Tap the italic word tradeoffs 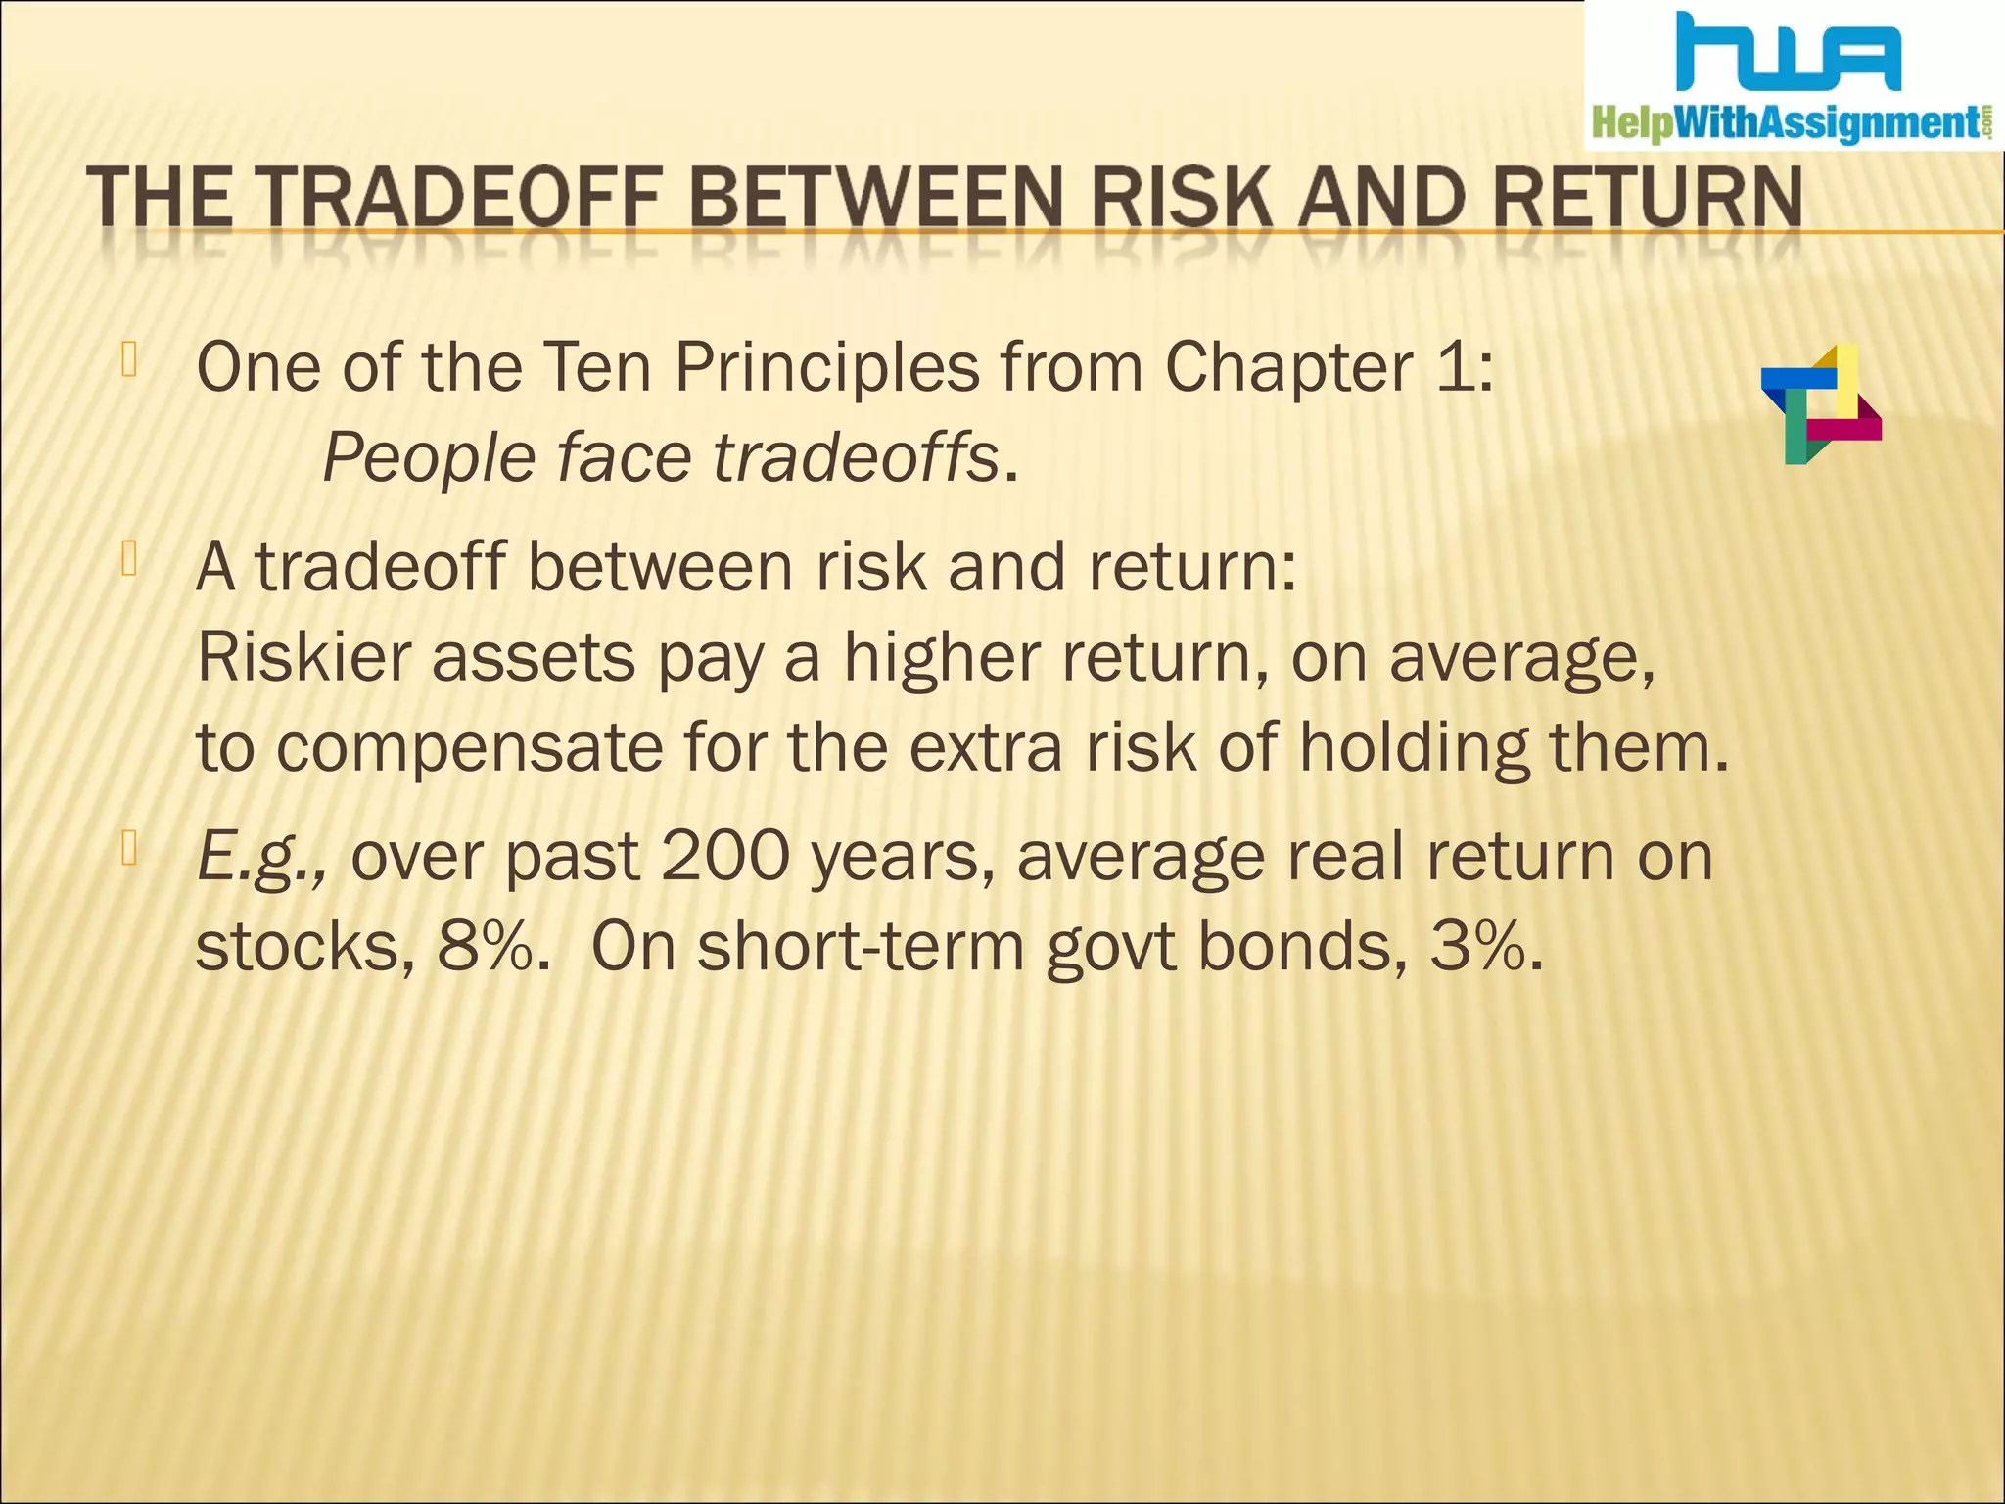coord(855,458)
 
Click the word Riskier coord(303,657)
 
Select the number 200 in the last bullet coord(725,856)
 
